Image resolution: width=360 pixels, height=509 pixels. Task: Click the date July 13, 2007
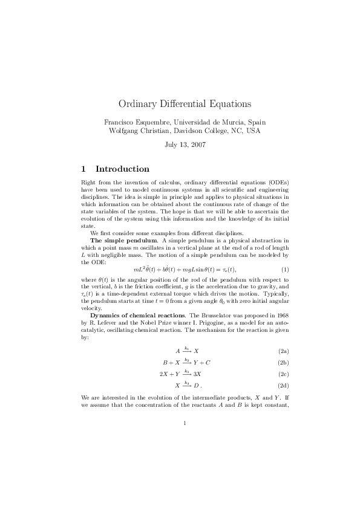click(x=180, y=145)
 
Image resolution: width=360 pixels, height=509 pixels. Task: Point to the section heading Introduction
click(x=122, y=169)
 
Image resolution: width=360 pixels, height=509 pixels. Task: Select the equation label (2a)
click(x=283, y=351)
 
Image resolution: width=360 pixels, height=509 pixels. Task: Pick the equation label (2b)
click(x=283, y=362)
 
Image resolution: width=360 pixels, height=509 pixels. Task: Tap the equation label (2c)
click(x=283, y=374)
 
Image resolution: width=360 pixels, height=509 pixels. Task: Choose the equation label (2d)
click(x=283, y=385)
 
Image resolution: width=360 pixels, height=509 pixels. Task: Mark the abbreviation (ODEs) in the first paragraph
click(x=278, y=182)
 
